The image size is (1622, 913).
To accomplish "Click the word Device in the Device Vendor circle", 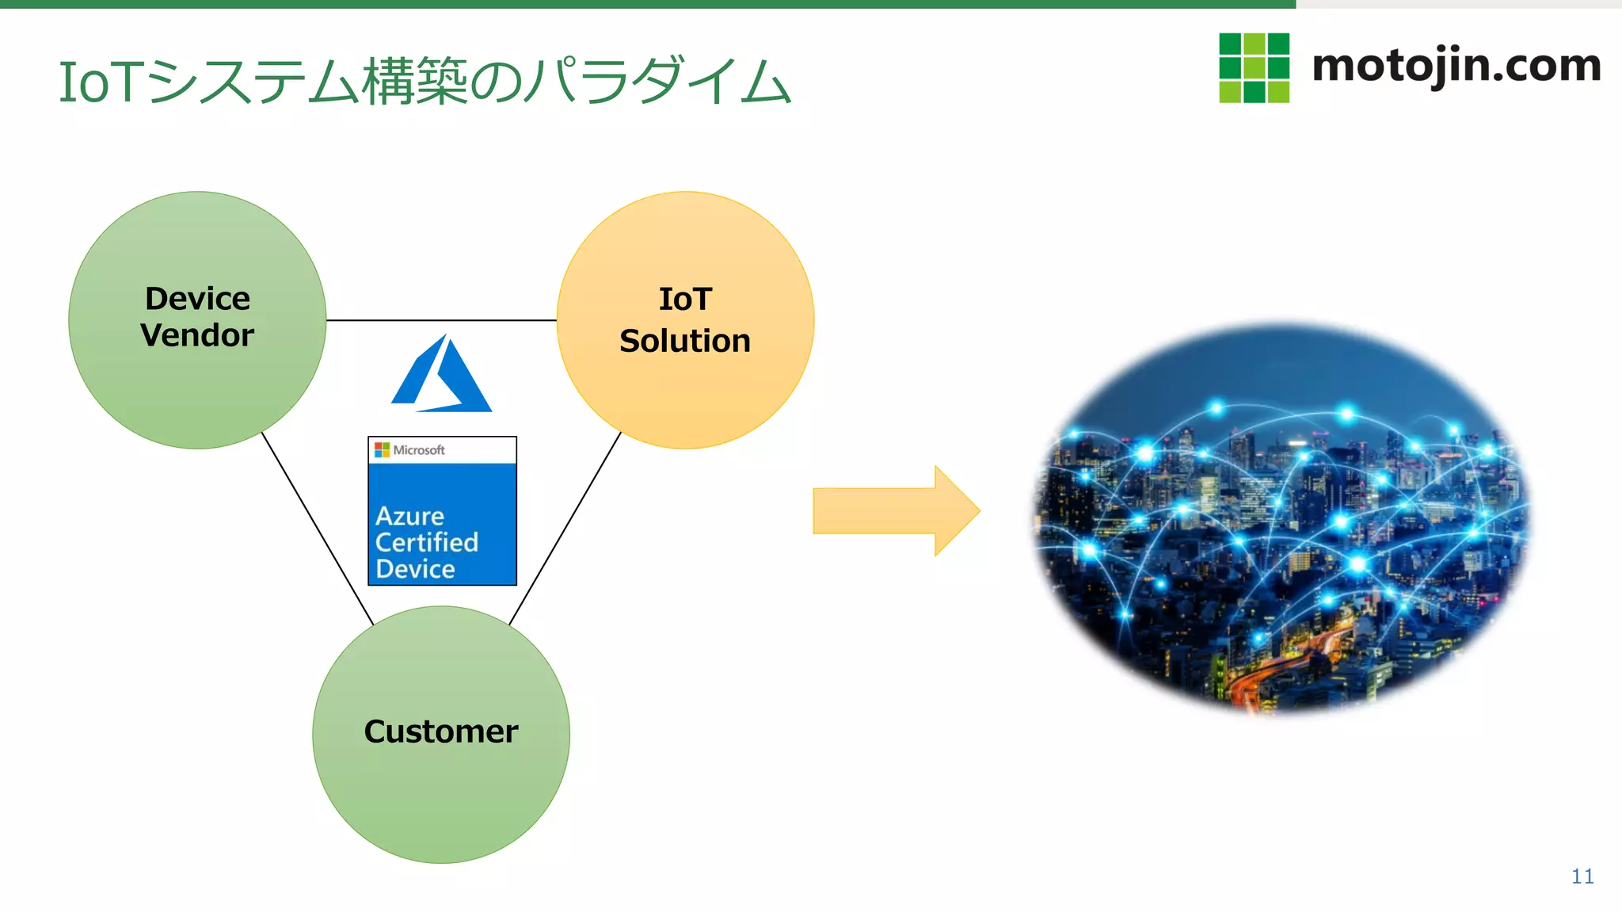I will tap(197, 299).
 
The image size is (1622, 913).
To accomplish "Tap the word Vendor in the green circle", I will tap(197, 335).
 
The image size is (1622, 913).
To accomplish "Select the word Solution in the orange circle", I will tap(685, 341).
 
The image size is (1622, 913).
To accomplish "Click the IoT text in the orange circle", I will tap(685, 300).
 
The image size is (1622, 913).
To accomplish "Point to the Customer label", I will tap(441, 732).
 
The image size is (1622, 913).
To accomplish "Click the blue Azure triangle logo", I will tap(441, 376).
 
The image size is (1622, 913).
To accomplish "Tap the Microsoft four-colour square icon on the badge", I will tap(382, 450).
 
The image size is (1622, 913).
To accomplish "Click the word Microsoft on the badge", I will tap(419, 450).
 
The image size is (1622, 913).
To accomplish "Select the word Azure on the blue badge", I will tap(409, 517).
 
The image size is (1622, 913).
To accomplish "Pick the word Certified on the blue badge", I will tap(426, 543).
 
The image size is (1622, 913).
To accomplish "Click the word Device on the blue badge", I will tap(415, 569).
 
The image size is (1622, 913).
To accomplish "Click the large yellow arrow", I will tap(895, 511).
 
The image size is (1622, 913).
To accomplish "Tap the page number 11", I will tap(1582, 877).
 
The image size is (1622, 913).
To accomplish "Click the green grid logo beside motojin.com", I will tap(1254, 68).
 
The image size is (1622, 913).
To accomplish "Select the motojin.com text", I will tap(1456, 66).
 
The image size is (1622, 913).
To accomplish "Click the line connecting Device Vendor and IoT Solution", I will tap(441, 320).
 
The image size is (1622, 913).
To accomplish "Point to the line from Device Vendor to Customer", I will tap(317, 528).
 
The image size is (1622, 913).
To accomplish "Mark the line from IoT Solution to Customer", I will tap(565, 528).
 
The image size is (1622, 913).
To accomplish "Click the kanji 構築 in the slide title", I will tap(415, 82).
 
